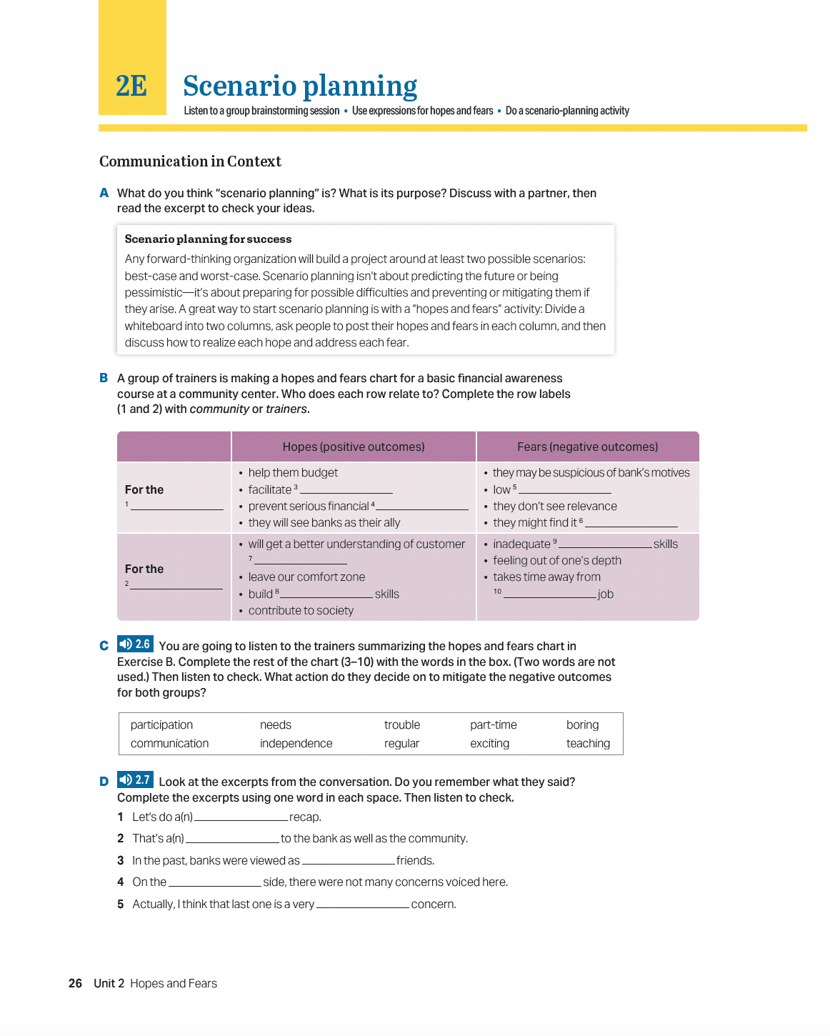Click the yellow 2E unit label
[131, 86]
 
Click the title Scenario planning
[299, 86]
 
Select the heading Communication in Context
[190, 161]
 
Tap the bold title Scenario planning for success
[208, 239]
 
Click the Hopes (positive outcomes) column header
[353, 447]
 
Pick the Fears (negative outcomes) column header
[587, 447]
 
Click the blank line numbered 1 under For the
[177, 506]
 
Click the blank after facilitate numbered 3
[346, 490]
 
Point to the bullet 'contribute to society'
[301, 611]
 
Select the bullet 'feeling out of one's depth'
[556, 561]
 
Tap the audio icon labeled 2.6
[135, 644]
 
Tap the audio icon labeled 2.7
[135, 780]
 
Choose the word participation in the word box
[161, 725]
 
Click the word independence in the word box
[296, 744]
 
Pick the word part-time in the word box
[493, 725]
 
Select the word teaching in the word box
[588, 744]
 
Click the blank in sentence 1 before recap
[241, 817]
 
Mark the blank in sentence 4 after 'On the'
[214, 882]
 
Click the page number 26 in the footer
[75, 984]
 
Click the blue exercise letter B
[104, 379]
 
